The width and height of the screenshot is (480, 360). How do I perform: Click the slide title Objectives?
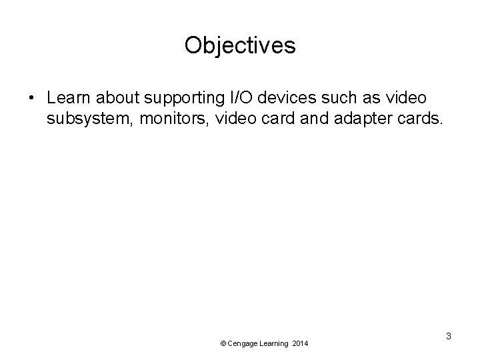(240, 46)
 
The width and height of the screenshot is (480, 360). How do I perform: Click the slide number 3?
(449, 336)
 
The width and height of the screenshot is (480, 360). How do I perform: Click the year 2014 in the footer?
(300, 343)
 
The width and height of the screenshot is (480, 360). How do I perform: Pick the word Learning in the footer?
(274, 343)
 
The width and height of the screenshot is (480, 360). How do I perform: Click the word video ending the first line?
(404, 98)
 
